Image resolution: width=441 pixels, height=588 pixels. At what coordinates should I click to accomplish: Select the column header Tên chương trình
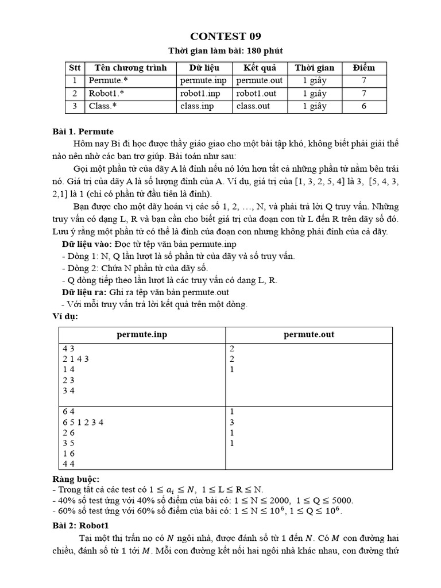(x=130, y=68)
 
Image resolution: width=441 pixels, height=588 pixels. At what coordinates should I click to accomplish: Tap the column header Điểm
(x=363, y=68)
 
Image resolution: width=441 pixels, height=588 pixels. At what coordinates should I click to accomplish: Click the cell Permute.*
(x=105, y=81)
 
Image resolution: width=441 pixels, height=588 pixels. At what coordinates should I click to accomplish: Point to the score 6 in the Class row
(x=363, y=106)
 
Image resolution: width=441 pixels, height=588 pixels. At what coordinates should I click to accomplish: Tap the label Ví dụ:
(x=65, y=316)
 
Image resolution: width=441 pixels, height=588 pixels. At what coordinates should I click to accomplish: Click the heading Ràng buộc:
(x=76, y=479)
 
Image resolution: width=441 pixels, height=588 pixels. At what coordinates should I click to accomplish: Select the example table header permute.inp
(x=142, y=334)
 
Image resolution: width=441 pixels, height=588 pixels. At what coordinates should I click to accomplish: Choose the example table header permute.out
(x=309, y=334)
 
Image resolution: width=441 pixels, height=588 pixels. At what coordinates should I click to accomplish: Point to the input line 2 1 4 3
(x=76, y=359)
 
